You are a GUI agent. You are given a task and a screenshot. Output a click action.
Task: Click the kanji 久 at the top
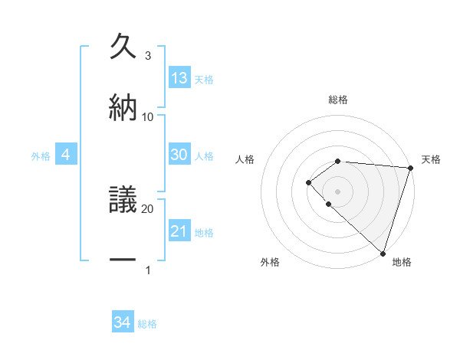point(123,47)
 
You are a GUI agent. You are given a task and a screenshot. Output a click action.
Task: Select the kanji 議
point(123,201)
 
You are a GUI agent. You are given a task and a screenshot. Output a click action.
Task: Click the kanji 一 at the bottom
point(123,260)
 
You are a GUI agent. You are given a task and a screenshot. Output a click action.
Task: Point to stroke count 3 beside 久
point(148,56)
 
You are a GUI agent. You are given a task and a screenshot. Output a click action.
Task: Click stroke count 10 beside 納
point(148,116)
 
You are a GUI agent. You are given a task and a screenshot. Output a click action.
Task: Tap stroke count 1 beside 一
point(148,270)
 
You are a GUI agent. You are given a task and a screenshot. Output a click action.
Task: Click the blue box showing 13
point(179,78)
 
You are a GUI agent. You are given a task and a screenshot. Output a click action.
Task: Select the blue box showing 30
point(179,155)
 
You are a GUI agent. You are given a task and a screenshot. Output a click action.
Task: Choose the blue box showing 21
point(179,231)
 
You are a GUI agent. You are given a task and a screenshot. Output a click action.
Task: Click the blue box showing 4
point(66,155)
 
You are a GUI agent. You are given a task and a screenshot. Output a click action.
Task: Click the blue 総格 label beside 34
point(147,324)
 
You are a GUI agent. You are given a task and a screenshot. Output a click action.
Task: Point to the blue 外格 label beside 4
point(41,156)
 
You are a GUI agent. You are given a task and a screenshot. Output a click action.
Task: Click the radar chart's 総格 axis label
point(337,100)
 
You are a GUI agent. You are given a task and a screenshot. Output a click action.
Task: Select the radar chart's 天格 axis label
point(431,159)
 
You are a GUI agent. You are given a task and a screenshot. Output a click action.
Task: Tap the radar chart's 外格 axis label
point(270,263)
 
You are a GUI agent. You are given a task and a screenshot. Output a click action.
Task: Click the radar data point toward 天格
point(410,168)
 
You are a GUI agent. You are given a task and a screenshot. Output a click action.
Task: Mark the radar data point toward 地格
point(383,253)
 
